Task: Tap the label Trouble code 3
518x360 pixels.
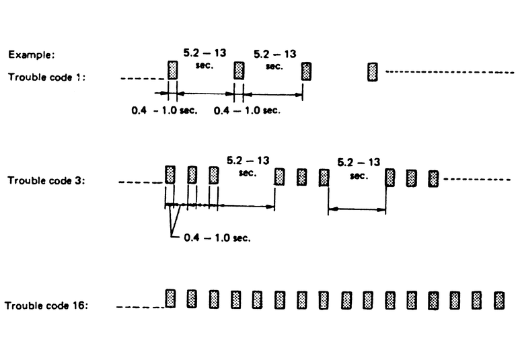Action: tap(46, 180)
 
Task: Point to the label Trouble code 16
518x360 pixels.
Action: tap(46, 306)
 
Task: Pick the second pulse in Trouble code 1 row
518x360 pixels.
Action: tap(237, 71)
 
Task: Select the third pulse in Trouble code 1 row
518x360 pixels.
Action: tap(307, 71)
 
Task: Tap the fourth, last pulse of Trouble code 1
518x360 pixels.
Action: tap(372, 71)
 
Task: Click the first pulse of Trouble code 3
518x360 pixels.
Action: tap(170, 175)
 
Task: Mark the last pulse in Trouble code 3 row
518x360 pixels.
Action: tap(433, 178)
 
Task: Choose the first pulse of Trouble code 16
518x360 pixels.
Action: tap(170, 298)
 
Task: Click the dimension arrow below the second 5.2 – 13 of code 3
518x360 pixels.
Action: tap(357, 209)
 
